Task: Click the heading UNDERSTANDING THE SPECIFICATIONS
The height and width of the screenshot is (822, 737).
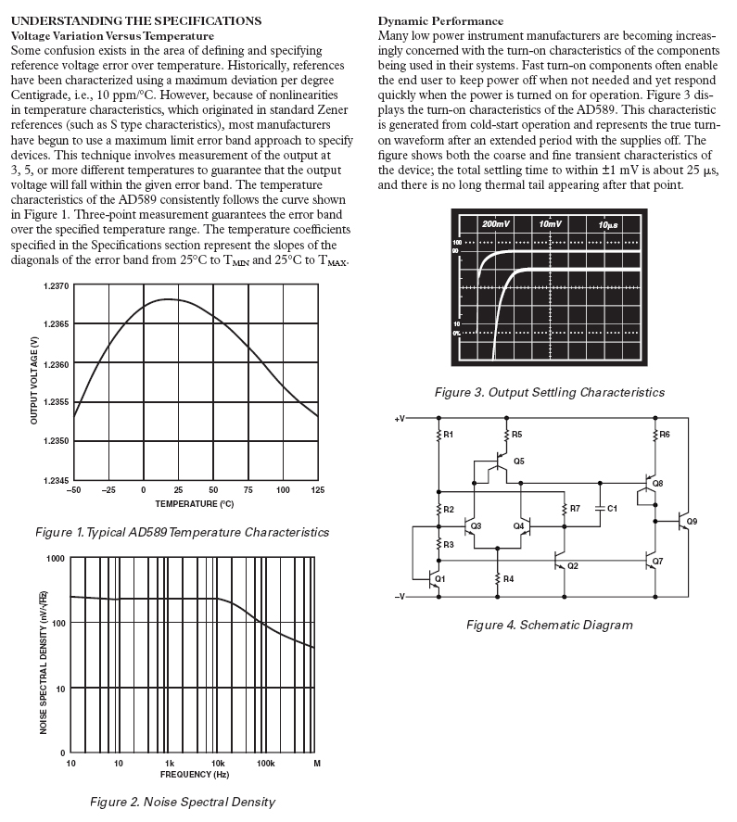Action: [135, 19]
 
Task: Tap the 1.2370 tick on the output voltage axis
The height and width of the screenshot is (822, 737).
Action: [56, 286]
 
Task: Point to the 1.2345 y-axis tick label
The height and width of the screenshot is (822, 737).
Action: [56, 479]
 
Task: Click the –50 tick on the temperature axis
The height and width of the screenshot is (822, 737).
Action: [75, 489]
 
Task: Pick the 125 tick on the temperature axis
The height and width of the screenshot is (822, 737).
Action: [318, 489]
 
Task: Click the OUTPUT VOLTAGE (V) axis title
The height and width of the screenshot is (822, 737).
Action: [33, 383]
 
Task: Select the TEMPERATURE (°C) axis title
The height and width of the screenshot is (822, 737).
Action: [194, 503]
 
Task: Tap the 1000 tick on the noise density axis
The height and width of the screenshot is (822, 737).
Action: [56, 559]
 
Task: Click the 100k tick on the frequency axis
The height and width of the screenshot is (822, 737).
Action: [266, 763]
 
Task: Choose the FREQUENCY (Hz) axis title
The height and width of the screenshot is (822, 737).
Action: [194, 772]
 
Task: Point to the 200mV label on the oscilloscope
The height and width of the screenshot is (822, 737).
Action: [496, 225]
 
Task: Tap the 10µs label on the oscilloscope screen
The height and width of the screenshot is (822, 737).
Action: [608, 225]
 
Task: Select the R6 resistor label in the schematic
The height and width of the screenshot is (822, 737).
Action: [665, 434]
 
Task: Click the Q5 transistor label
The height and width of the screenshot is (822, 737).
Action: [518, 461]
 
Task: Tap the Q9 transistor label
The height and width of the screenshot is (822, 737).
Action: [693, 522]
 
